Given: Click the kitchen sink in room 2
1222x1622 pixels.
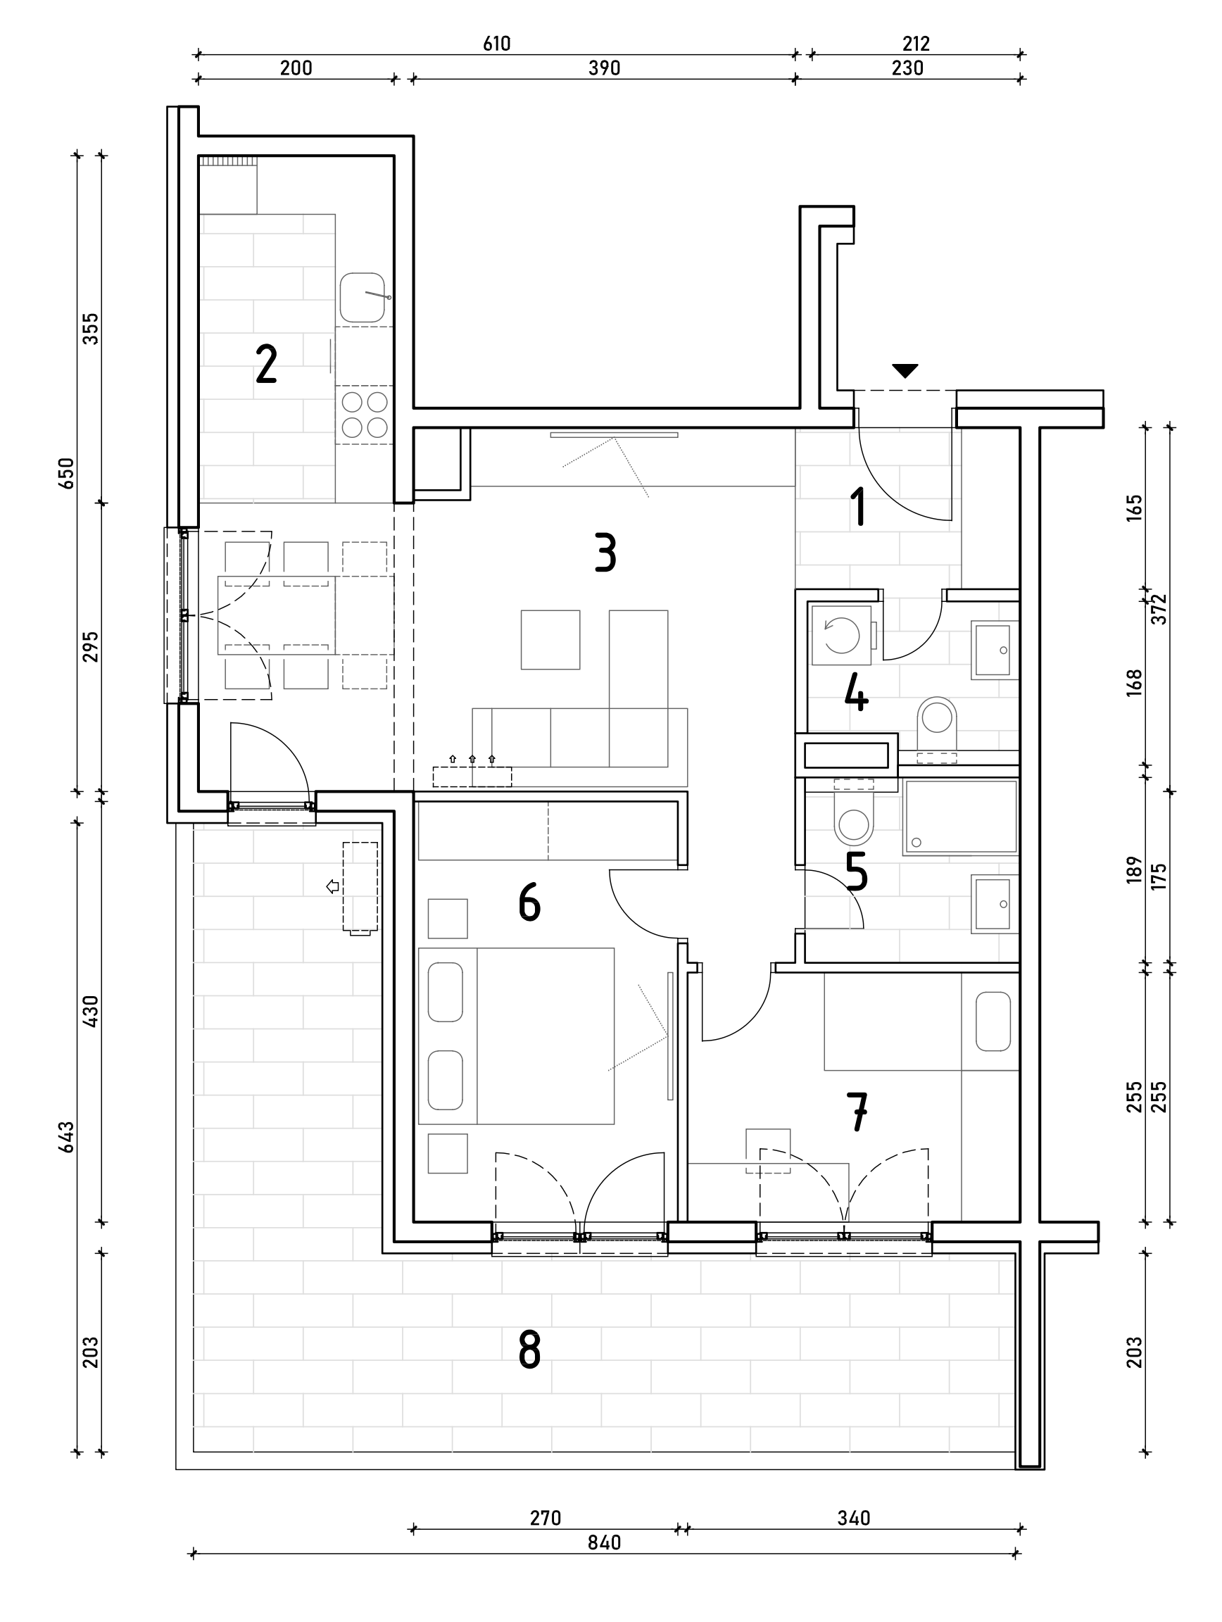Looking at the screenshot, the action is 363,298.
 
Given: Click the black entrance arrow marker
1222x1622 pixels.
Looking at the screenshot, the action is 905,371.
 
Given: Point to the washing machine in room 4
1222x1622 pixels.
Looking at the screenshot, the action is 842,635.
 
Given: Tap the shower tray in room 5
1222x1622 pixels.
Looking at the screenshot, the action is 960,817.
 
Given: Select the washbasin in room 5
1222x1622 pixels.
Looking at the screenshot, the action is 994,904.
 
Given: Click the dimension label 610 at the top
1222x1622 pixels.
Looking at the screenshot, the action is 496,44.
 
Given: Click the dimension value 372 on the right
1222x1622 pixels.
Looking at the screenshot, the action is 1159,608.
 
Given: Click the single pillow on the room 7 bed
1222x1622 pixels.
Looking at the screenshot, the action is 993,1021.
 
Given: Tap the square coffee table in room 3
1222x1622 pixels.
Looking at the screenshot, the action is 550,639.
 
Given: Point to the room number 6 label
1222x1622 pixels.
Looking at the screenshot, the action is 529,903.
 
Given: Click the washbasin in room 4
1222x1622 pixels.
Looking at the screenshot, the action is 994,650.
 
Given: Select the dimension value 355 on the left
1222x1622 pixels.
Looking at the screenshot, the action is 90,329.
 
